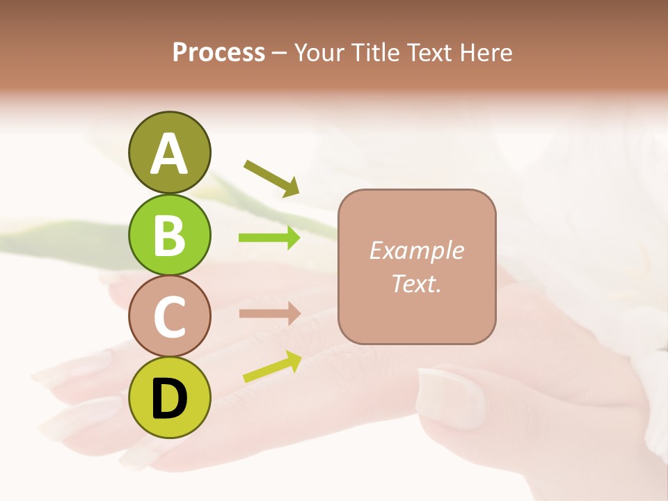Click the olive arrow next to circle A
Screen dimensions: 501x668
(271, 177)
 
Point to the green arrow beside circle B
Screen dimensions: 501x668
(269, 238)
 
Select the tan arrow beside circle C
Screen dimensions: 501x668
(269, 314)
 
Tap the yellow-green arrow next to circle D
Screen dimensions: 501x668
(272, 367)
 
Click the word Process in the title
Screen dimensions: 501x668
(218, 53)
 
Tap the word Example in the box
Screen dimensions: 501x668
(416, 251)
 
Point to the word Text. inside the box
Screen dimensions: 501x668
(416, 283)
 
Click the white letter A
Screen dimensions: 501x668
(169, 153)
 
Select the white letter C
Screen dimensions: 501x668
(169, 317)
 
